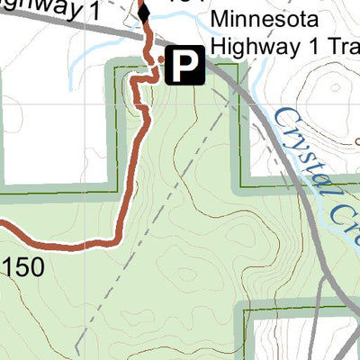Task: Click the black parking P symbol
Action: [x=183, y=66]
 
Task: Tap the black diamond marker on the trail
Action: [x=143, y=13]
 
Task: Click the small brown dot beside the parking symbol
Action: [x=161, y=59]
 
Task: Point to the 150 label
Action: [x=22, y=267]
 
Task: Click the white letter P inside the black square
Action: [x=183, y=66]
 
